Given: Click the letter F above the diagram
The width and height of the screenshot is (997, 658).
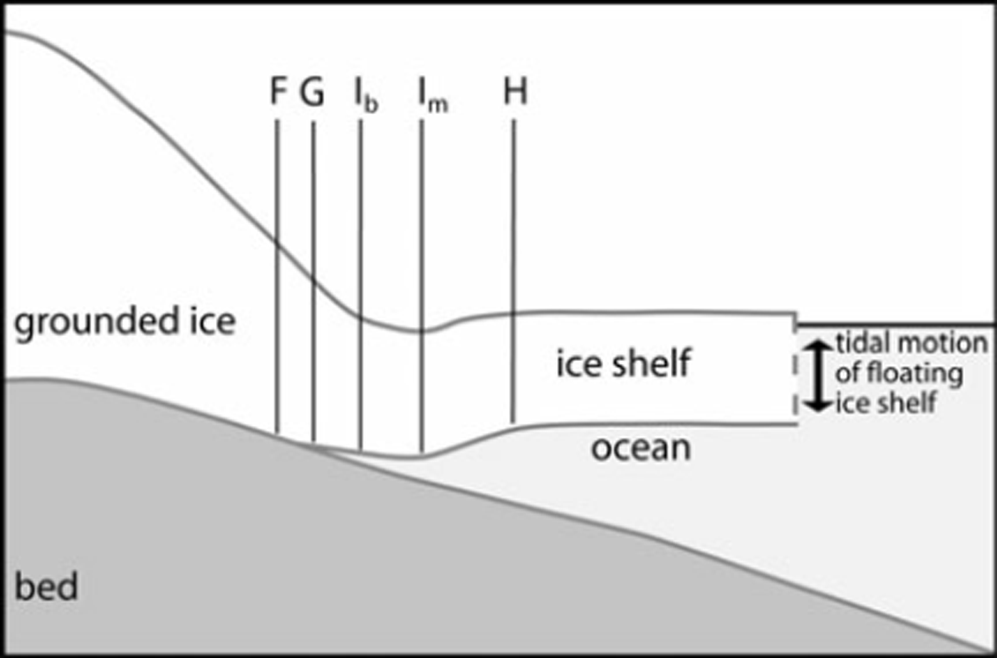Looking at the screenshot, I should pos(278,93).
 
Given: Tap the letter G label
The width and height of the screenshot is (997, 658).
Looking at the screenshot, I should pos(311,93).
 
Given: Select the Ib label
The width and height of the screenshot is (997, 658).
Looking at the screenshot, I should pos(365,96).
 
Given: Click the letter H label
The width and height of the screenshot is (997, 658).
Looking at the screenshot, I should pos(515,93).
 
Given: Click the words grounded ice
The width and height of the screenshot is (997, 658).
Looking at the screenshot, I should pos(125,322).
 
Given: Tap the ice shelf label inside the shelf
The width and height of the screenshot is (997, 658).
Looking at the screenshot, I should pos(623,363).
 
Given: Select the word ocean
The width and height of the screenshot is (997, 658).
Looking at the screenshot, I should pos(641,449).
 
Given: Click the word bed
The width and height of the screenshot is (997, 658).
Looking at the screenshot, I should pos(46,588).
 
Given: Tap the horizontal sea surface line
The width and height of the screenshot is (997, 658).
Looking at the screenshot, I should pos(897,325).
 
